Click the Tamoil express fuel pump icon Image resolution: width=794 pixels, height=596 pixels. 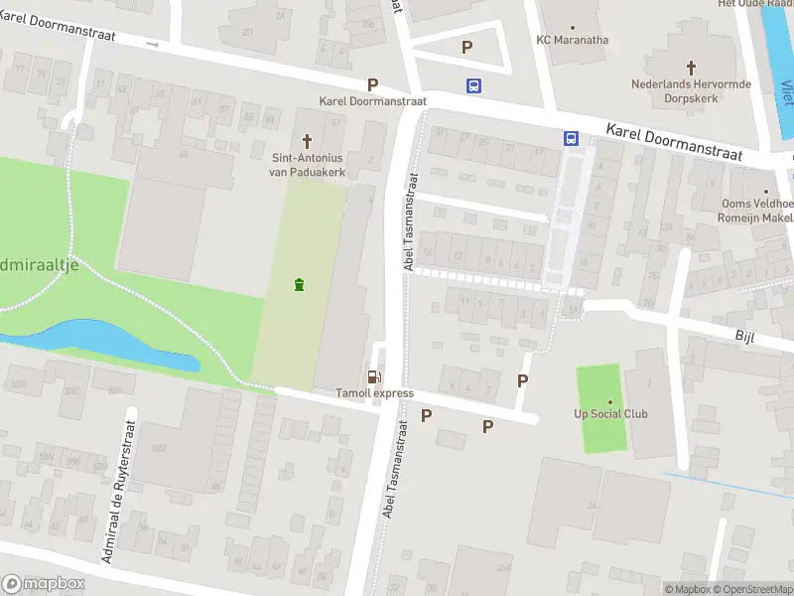coord(373,375)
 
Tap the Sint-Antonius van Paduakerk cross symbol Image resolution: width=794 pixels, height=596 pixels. coord(307,141)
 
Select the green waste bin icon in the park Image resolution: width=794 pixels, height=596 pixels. coord(299,286)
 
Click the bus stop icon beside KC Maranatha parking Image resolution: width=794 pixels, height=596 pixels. coord(474,85)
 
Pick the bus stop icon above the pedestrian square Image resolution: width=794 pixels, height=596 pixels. coord(572,139)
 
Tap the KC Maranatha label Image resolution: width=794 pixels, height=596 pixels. coord(572,40)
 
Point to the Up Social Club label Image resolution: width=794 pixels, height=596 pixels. coord(610,413)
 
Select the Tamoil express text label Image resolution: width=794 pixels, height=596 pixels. coord(373,393)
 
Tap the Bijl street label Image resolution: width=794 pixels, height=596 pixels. coord(744,338)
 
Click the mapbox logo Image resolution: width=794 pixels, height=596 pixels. coord(43,584)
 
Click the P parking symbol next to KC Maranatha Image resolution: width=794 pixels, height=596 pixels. coord(466,47)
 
